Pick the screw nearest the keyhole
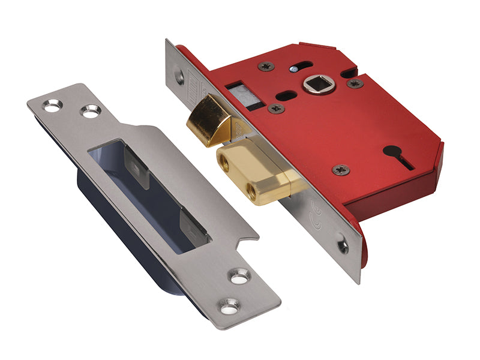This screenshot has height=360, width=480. click(x=341, y=170)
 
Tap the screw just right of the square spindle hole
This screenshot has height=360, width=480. click(x=354, y=83)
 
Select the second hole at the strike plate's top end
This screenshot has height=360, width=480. click(x=91, y=111)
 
